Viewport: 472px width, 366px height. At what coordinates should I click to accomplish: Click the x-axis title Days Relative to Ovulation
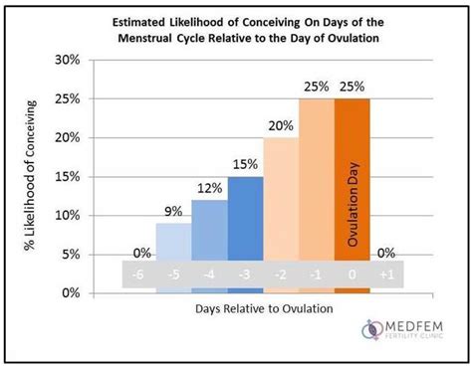point(263,308)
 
